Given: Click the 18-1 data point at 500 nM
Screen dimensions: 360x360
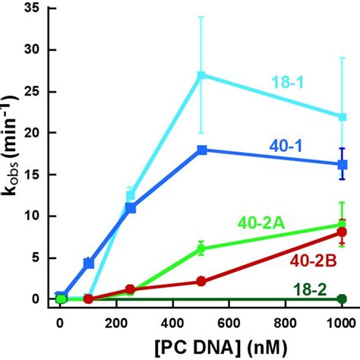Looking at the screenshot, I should click(201, 75).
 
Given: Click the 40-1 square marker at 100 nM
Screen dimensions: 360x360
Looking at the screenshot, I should click(89, 263).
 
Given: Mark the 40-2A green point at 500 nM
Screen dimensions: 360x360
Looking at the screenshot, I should click(201, 248).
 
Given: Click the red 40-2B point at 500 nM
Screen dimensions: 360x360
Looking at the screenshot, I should click(201, 281).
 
